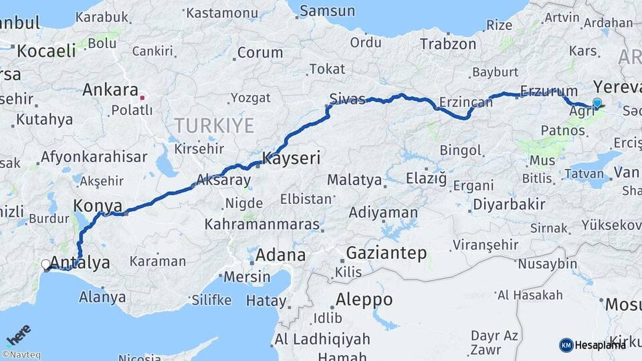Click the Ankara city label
tap(110, 90)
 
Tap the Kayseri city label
tap(292, 158)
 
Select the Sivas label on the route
tap(350, 100)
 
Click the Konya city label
tap(98, 205)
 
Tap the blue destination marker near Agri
tap(597, 102)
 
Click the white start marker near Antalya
tap(45, 265)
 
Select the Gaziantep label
tap(387, 253)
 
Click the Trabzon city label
tap(448, 44)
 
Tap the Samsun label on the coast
tap(327, 11)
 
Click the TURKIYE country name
tap(214, 125)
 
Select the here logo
tap(18, 334)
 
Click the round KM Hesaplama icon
tap(566, 345)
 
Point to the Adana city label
tap(280, 255)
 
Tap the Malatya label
tap(354, 180)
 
